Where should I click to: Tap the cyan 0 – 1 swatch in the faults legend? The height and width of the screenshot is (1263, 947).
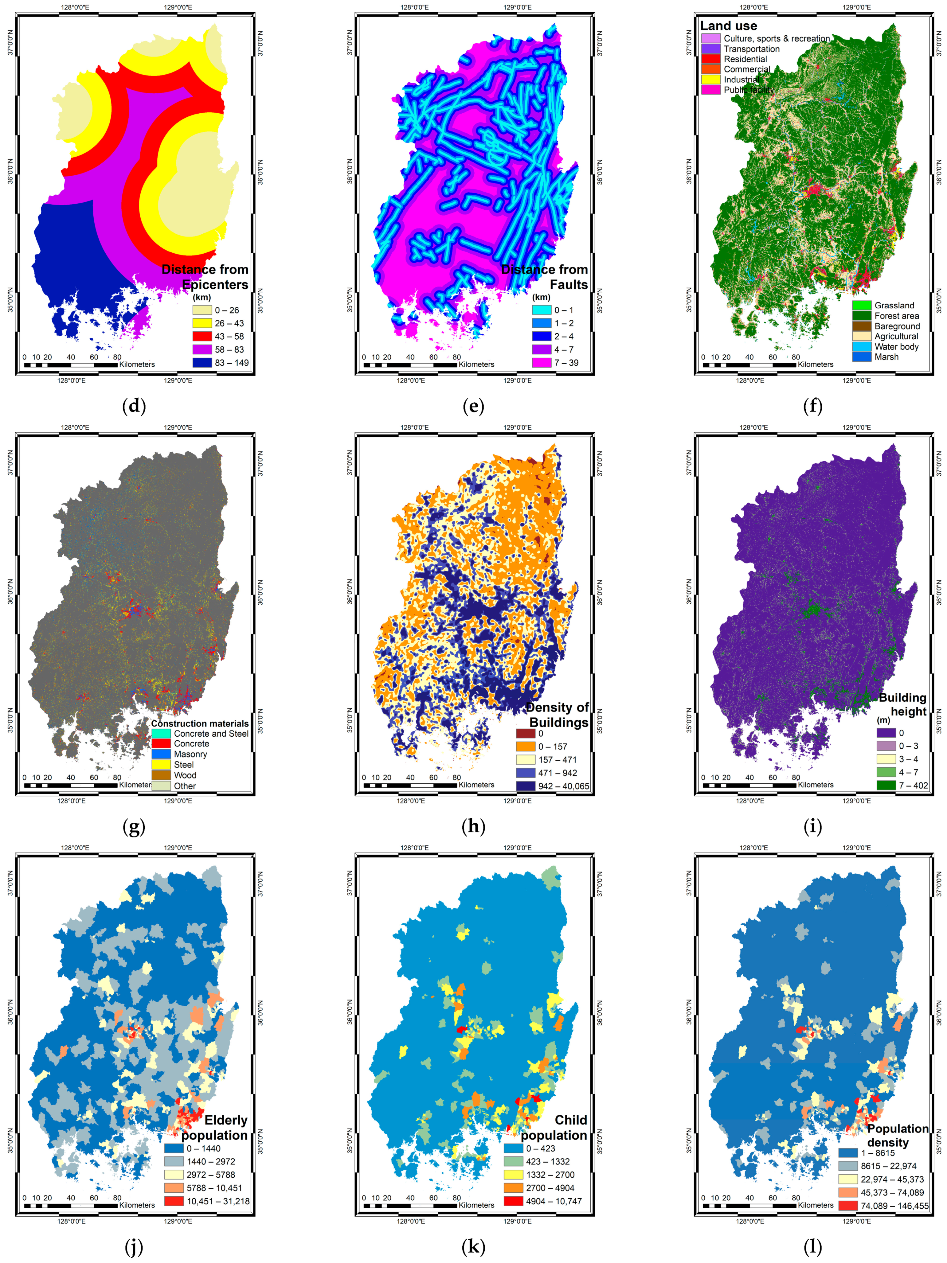[542, 310]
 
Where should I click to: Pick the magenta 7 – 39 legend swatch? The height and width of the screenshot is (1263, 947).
[542, 363]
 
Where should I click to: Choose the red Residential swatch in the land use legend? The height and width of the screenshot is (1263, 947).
[710, 59]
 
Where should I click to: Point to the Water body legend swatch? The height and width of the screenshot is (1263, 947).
[861, 347]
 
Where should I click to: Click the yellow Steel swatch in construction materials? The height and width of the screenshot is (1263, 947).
[161, 765]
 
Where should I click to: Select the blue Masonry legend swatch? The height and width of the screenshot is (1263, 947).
[161, 754]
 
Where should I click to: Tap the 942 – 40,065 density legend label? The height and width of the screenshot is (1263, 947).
[563, 786]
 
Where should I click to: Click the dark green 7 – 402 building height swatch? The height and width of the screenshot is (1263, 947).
[886, 786]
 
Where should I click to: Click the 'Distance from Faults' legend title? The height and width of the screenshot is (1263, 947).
[544, 277]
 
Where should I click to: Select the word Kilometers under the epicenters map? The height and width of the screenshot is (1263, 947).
[137, 364]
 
